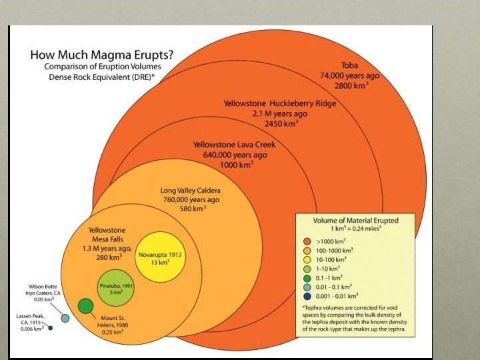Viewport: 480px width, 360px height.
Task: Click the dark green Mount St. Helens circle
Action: (85, 306)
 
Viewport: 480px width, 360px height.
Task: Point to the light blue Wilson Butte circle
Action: (65, 317)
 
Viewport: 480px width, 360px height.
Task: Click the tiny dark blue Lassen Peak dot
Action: (50, 327)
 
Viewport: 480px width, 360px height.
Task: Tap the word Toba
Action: (349, 65)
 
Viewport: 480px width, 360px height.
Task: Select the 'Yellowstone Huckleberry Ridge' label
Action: (279, 103)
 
